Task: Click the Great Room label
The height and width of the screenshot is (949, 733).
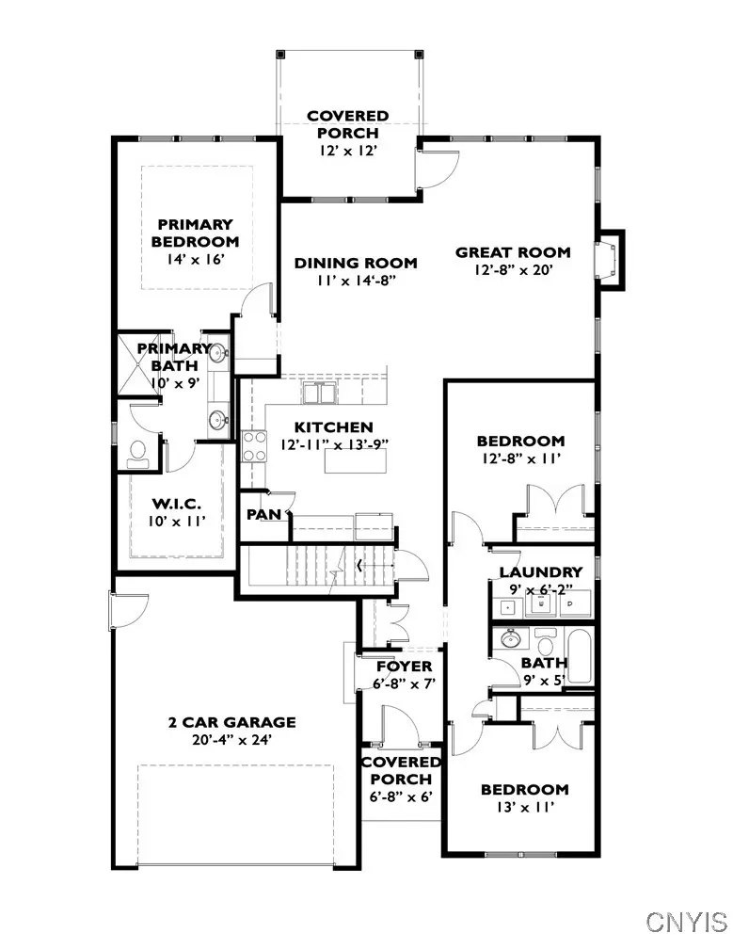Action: (513, 252)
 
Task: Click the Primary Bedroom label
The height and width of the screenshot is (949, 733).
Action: (195, 233)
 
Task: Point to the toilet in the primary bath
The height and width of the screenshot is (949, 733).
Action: (138, 453)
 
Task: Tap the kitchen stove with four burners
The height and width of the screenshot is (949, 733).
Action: (255, 445)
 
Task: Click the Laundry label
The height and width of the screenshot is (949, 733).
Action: (541, 572)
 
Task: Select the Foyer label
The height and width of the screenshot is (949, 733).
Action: (405, 667)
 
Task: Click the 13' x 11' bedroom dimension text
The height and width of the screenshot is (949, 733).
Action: (524, 808)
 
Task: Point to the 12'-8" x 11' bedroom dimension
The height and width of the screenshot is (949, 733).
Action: (520, 458)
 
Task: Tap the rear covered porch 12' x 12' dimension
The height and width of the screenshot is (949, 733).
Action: (347, 151)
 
